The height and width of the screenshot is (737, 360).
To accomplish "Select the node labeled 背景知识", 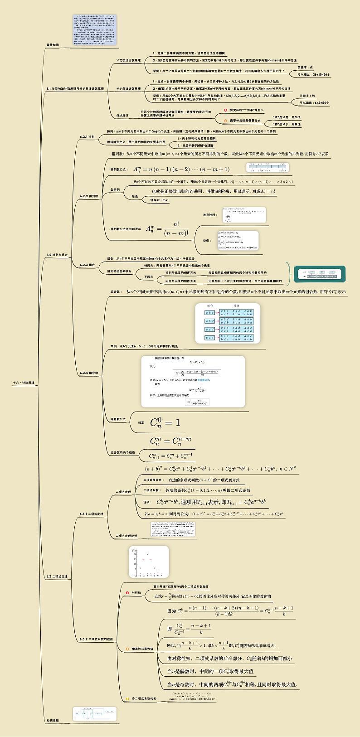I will [53, 45].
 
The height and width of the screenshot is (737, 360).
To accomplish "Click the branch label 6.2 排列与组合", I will [57, 255].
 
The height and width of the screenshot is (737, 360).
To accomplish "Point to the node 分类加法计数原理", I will [128, 60].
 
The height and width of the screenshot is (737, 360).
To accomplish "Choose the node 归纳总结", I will [122, 116].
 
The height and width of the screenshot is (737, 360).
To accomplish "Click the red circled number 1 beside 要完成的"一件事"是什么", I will [225, 110].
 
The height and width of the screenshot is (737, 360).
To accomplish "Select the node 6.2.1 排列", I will [87, 136].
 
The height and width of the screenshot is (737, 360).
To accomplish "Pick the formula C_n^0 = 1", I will [165, 422].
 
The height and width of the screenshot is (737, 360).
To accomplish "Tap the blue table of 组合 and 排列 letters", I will [228, 323].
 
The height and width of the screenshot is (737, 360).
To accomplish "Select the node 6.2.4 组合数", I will [89, 373].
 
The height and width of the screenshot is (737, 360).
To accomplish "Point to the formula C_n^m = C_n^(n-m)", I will [170, 440].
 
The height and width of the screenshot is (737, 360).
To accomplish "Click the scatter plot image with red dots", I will [148, 562].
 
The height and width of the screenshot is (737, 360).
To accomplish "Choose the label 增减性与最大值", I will [142, 649].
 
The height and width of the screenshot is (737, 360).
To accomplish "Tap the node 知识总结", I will [53, 720].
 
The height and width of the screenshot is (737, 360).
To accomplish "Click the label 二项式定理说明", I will [128, 535].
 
